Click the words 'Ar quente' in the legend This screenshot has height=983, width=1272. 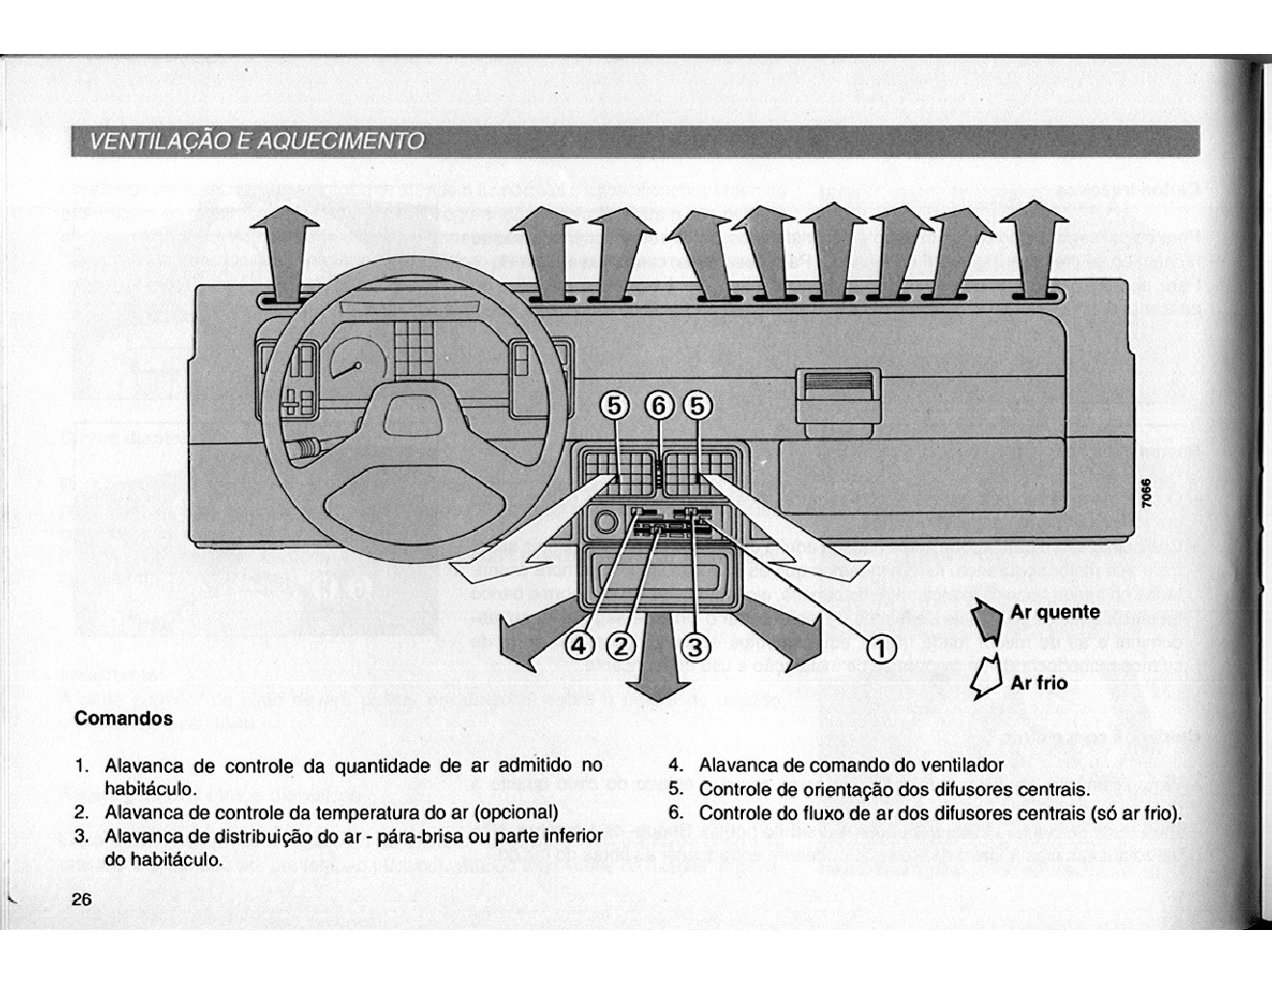click(x=1054, y=612)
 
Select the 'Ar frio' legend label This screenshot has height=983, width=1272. click(x=1039, y=682)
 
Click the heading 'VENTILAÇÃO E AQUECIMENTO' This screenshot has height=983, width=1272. click(x=256, y=142)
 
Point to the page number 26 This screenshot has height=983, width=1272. click(x=80, y=899)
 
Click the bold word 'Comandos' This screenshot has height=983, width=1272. click(x=123, y=718)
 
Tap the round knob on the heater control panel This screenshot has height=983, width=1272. click(x=605, y=523)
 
